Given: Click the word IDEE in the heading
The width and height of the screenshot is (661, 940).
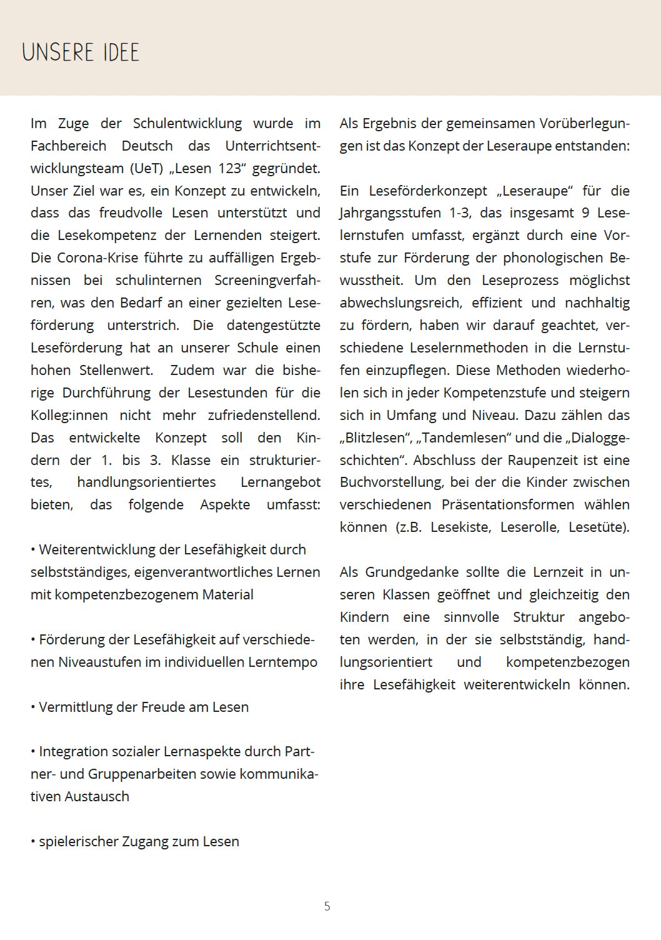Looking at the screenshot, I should click(x=121, y=52).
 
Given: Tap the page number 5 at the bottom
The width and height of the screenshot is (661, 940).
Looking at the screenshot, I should click(x=327, y=906).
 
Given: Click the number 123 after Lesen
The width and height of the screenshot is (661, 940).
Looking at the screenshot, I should click(x=229, y=169).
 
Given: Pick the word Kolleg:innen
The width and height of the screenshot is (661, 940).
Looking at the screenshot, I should click(x=69, y=416).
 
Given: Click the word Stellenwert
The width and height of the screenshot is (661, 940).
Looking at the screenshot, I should click(x=116, y=371).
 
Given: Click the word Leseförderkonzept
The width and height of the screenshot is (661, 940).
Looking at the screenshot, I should click(x=427, y=191).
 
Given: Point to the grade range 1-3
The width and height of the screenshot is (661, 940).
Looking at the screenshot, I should click(x=459, y=213).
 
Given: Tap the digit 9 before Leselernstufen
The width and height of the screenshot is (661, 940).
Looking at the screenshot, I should click(x=585, y=213).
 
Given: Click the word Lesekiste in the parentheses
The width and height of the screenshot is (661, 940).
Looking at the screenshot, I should click(x=460, y=527).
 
